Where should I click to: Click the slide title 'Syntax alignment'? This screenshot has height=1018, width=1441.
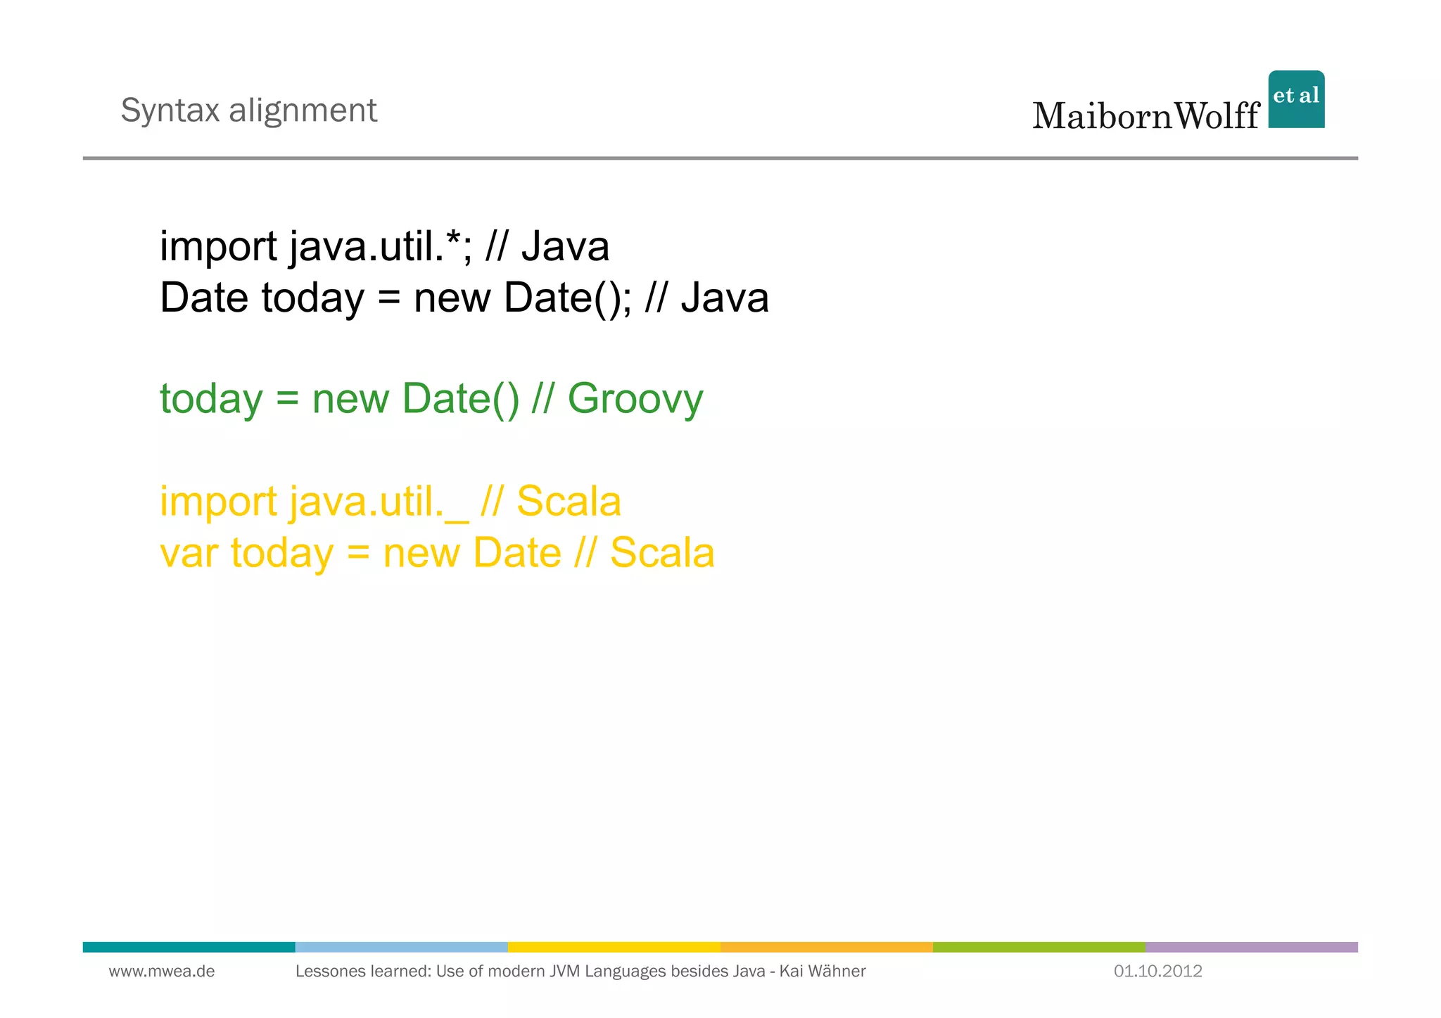(248, 110)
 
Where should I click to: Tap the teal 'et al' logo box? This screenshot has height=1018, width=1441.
(1296, 99)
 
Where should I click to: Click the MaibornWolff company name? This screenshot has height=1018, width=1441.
(1145, 116)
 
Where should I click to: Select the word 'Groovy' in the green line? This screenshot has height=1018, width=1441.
(635, 399)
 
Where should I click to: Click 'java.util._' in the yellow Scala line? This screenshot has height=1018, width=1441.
(379, 502)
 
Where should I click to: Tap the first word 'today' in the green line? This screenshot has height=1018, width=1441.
(211, 399)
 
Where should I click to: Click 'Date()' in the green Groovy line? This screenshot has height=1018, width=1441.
(460, 399)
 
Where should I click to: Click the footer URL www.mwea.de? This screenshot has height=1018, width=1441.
(162, 972)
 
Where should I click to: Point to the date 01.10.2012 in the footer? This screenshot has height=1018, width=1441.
(1157, 972)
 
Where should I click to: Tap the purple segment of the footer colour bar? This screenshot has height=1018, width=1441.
(1251, 947)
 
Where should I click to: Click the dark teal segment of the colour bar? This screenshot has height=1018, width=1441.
(189, 947)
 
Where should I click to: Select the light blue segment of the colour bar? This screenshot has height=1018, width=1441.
(401, 947)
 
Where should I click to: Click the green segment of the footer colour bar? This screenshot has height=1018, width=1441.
(1039, 947)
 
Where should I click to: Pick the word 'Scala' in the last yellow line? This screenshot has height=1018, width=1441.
(661, 553)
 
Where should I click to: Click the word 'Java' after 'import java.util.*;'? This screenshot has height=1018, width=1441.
(565, 247)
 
